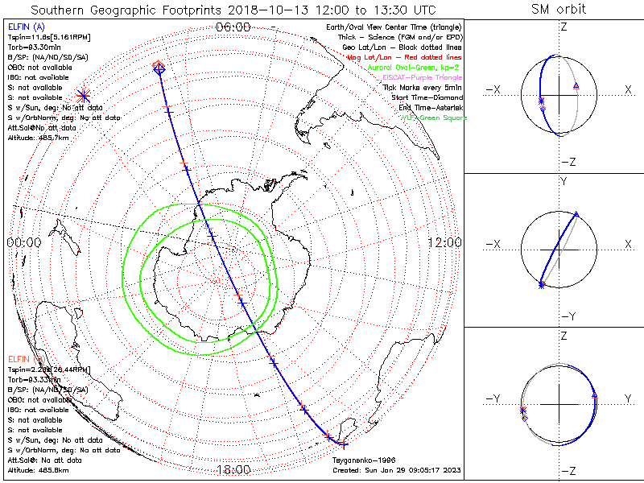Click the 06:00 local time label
233,27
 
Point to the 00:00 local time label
24,242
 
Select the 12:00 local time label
444,242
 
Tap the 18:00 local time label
233,470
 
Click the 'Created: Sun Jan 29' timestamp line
396,470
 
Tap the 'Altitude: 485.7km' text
38,138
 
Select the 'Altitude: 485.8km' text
38,469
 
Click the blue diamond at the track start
159,69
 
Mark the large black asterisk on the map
83,96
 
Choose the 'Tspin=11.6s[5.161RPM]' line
47,36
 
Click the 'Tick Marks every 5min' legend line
423,87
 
